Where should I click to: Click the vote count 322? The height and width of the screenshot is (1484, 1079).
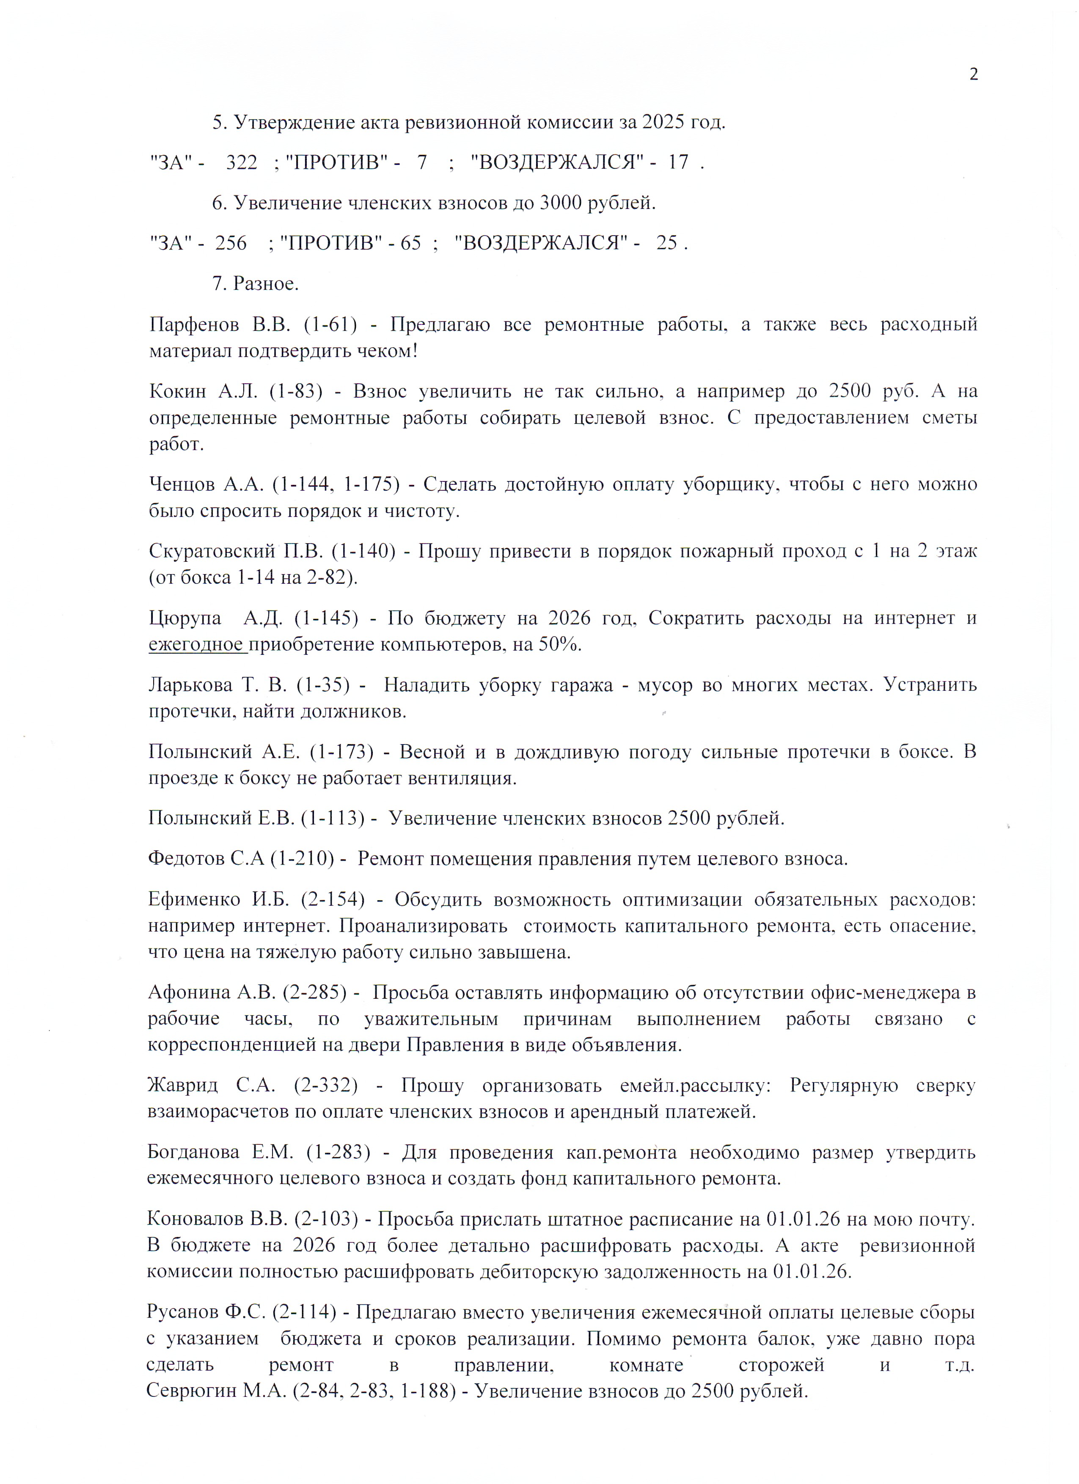pos(242,162)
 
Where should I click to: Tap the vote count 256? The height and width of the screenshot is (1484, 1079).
pos(231,243)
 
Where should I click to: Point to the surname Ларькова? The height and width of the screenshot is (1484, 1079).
pos(190,685)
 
